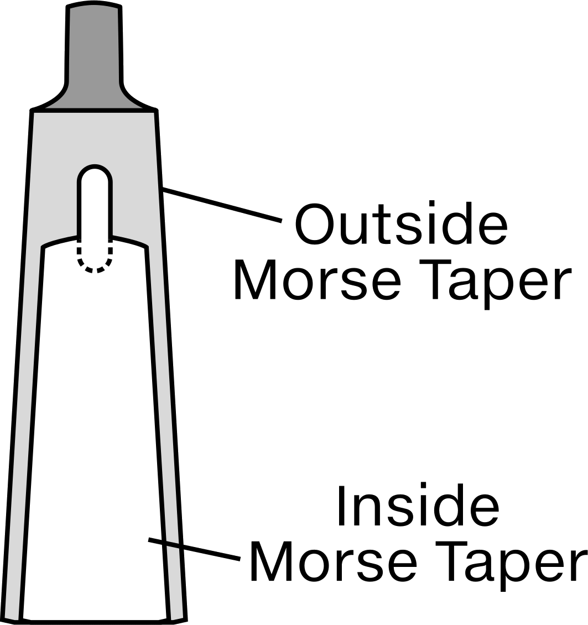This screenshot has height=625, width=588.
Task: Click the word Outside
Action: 401,224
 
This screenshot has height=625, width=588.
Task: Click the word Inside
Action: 418,505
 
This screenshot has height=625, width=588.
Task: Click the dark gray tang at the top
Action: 94,56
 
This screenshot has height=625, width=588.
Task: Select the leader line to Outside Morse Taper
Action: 222,205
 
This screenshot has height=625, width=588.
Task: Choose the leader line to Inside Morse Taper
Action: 194,549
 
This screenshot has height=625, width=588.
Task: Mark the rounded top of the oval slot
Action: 95,166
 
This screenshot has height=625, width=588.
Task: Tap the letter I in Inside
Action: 341,505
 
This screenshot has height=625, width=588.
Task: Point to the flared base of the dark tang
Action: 94,99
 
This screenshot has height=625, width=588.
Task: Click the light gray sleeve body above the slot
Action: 94,138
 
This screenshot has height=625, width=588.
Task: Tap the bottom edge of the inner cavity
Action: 95,621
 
